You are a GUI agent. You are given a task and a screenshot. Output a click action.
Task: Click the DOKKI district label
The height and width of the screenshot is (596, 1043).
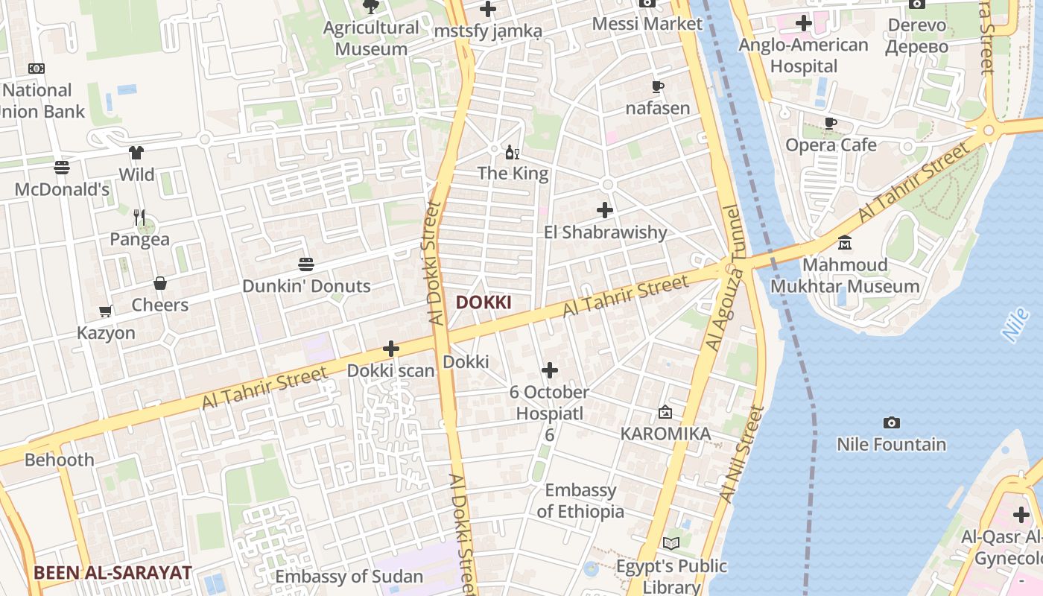(x=484, y=302)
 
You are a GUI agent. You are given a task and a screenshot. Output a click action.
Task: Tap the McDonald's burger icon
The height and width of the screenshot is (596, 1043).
(x=62, y=168)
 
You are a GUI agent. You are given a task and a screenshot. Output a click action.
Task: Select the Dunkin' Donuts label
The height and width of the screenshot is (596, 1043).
(x=306, y=286)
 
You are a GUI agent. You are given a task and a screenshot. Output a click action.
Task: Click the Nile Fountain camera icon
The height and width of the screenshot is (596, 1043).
(x=891, y=423)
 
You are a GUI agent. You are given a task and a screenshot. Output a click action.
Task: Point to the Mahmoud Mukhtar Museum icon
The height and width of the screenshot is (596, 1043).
(x=845, y=243)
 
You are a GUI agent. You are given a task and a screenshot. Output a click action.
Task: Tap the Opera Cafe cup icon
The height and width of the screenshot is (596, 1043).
(x=831, y=123)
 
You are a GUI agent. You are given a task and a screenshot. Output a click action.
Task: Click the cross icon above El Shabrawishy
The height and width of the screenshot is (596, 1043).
(x=605, y=210)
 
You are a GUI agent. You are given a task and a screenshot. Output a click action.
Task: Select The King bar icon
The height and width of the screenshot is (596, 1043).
(x=513, y=153)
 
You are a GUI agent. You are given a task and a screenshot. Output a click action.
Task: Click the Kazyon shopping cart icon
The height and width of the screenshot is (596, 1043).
(x=106, y=311)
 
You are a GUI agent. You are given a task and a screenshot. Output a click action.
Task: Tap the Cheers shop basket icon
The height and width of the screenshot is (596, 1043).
(x=160, y=283)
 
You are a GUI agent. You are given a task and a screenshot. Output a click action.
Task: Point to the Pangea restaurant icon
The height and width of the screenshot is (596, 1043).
(x=139, y=218)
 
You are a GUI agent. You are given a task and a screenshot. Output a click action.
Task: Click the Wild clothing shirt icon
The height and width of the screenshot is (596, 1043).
(x=136, y=153)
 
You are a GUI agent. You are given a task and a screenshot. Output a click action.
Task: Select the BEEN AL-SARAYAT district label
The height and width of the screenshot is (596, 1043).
(x=112, y=573)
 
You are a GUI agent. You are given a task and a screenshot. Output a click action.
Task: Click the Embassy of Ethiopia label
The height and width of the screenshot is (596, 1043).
(x=580, y=501)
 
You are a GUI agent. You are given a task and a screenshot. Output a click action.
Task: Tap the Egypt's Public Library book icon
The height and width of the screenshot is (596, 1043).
(x=671, y=544)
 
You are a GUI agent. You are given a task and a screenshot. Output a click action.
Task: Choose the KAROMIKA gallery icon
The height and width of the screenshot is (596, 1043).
(x=665, y=412)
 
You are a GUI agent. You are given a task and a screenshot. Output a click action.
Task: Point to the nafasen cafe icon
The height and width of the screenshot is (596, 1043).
(x=657, y=86)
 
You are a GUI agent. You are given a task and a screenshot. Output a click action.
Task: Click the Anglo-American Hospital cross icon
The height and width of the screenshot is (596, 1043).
(x=803, y=23)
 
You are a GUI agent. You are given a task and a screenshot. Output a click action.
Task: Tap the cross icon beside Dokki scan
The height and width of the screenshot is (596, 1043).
(x=391, y=349)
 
